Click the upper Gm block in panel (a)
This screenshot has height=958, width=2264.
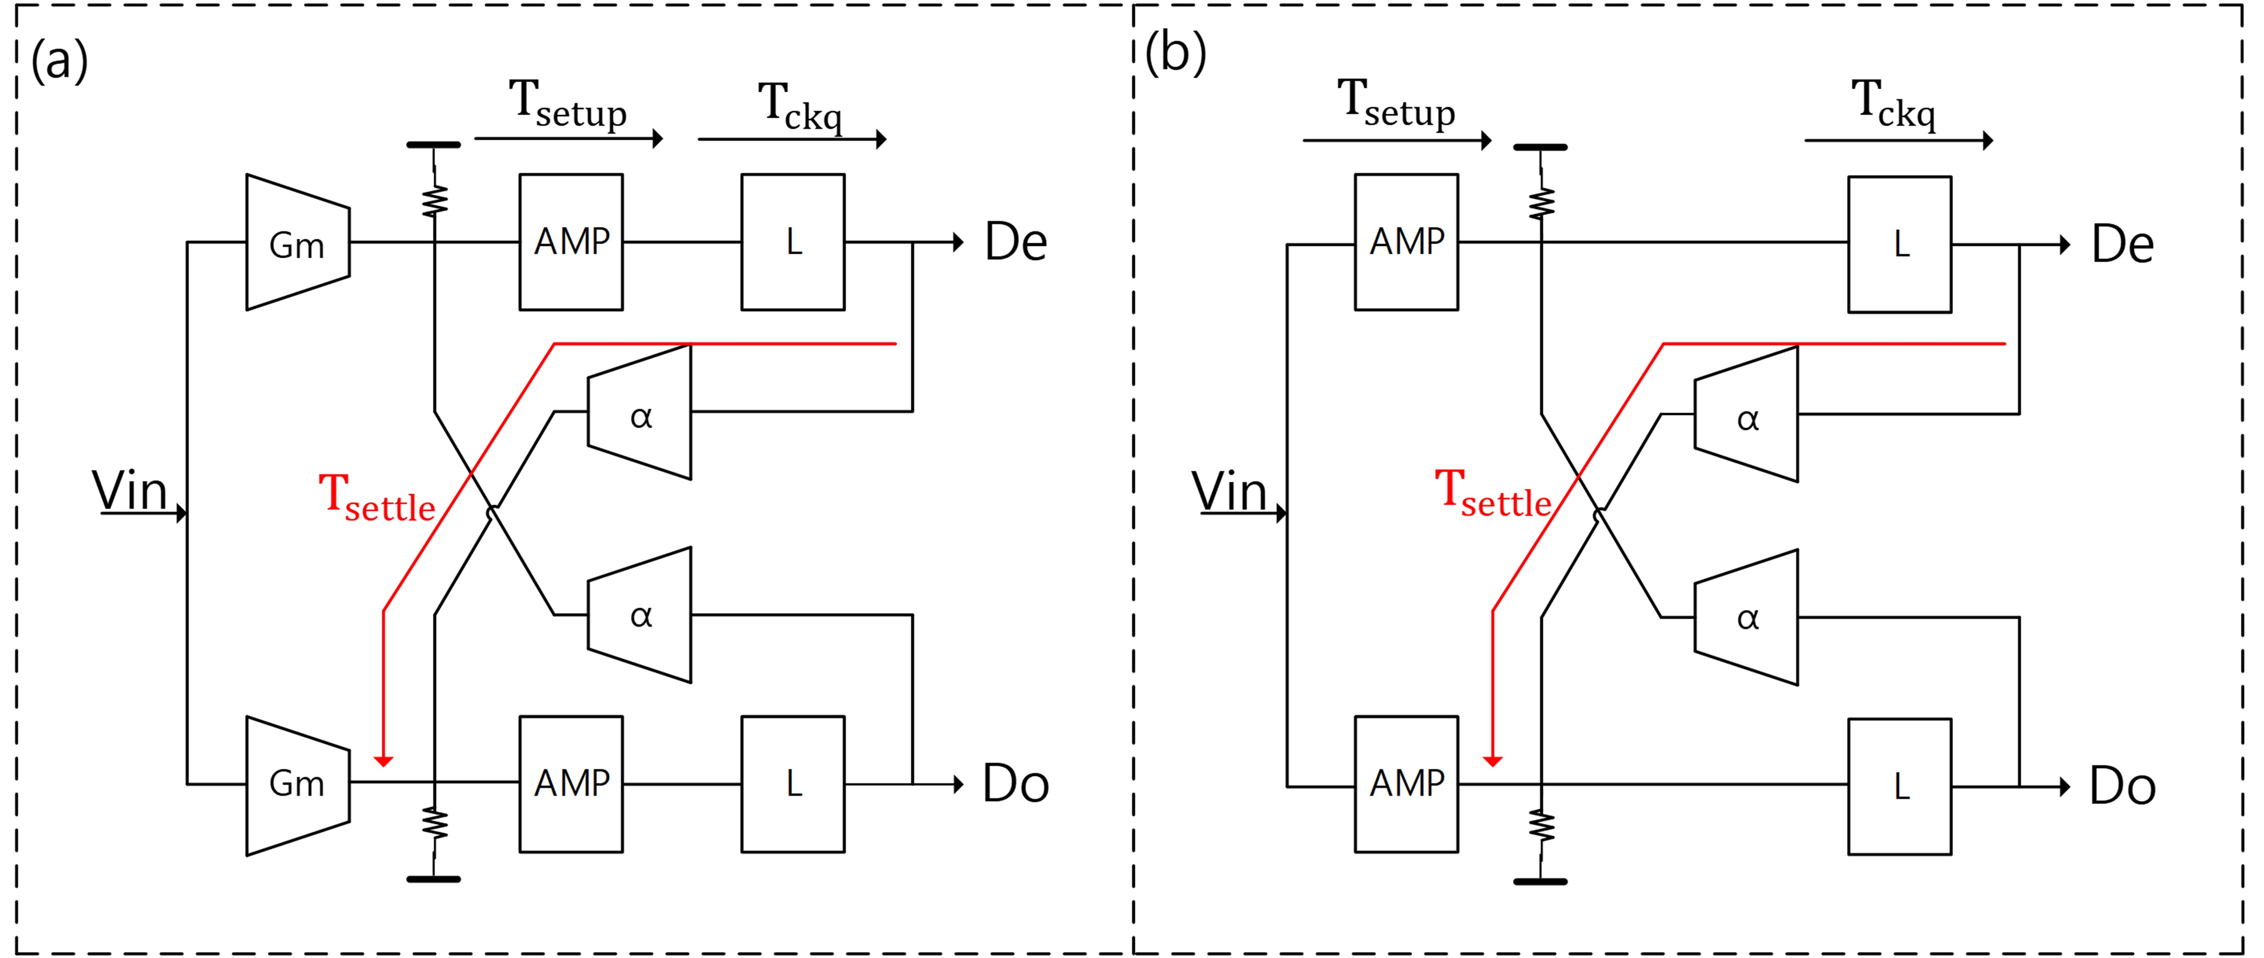297,243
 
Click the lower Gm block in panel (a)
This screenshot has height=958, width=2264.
297,784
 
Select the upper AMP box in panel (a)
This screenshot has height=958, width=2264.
571,242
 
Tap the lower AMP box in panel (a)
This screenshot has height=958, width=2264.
571,784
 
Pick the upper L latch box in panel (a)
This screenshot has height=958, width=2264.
793,242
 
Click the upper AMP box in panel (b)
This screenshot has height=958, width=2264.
1406,242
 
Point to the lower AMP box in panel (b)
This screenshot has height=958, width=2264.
1406,784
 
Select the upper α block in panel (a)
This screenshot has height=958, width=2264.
640,413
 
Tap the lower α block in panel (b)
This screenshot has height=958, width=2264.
1746,618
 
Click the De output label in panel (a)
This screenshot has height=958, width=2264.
1016,243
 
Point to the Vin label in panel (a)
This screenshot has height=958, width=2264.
130,491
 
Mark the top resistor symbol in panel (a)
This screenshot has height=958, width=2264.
434,200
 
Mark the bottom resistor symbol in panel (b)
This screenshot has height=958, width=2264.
1541,826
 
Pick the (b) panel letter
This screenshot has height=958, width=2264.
1176,53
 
